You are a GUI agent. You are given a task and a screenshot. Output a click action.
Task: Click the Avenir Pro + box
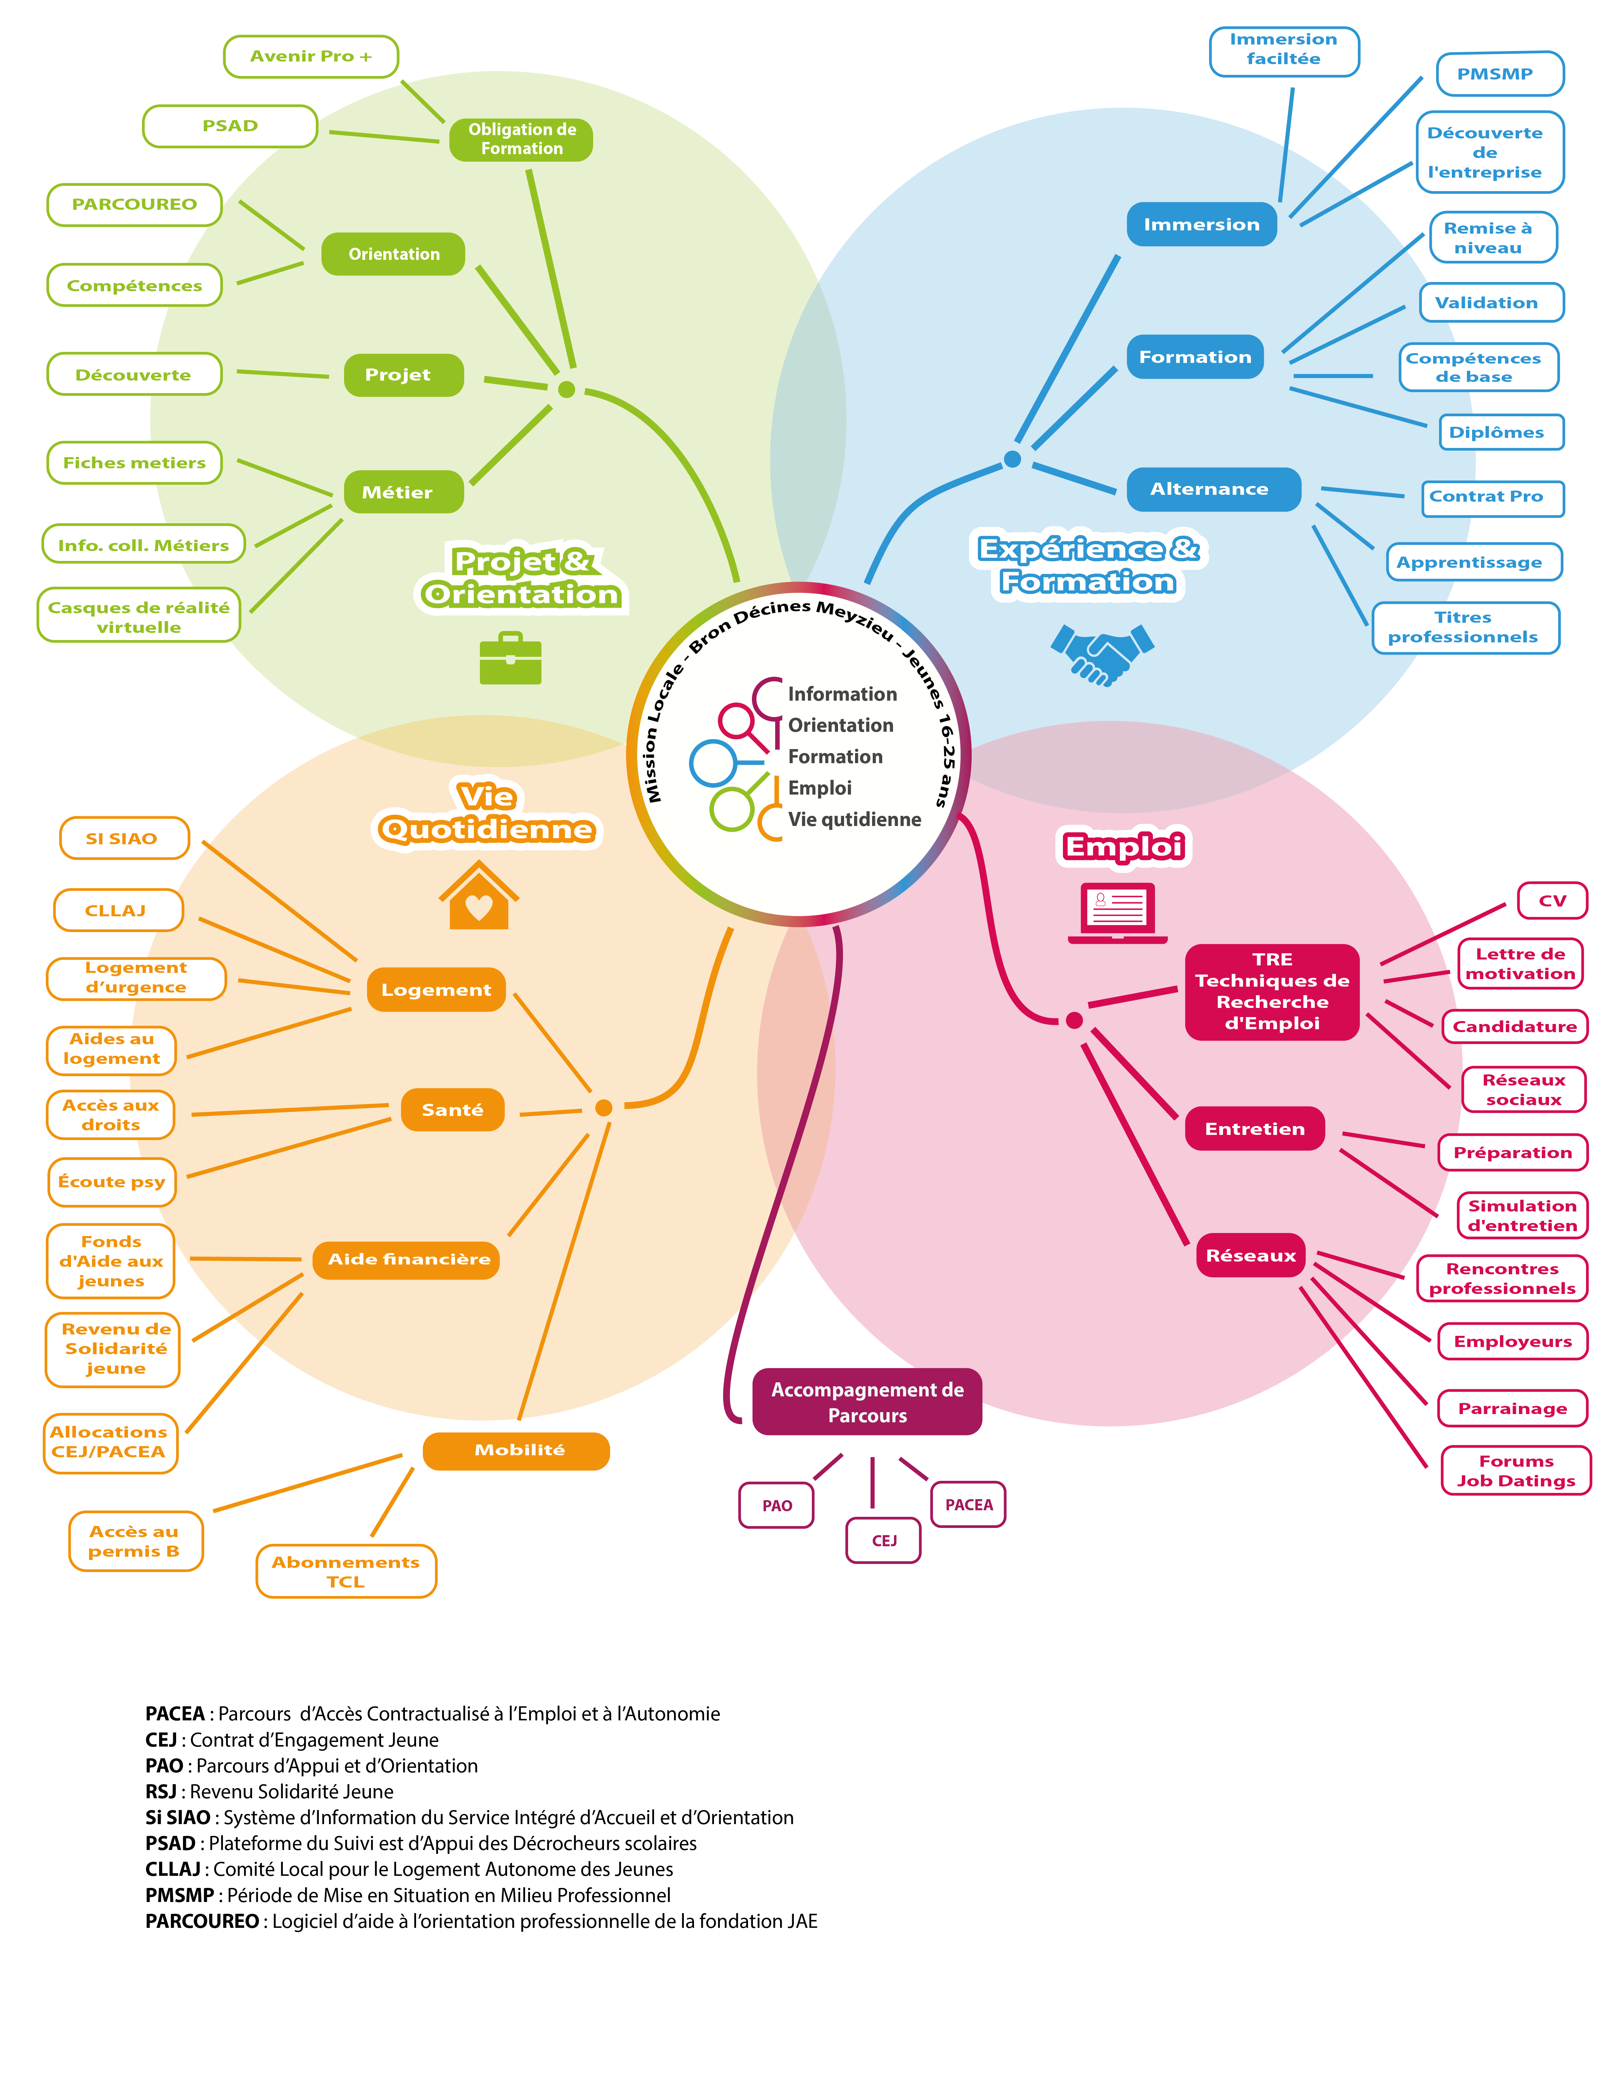coord(311,56)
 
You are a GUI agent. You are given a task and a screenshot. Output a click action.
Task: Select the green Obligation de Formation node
coord(521,139)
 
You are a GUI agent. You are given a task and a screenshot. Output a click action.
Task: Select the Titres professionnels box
coord(1466,628)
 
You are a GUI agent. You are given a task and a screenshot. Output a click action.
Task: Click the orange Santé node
coord(453,1110)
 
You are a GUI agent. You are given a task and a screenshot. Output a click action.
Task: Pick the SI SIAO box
coord(124,838)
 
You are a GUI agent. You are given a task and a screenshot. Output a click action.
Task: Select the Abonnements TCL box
coord(346,1571)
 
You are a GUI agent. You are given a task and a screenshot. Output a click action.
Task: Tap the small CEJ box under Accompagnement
coord(884,1541)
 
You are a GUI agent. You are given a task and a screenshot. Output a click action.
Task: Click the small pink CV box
coord(1553,900)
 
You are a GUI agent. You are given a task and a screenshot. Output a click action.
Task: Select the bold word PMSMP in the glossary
coord(179,1895)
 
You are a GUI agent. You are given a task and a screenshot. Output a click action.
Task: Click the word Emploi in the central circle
coord(820,788)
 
